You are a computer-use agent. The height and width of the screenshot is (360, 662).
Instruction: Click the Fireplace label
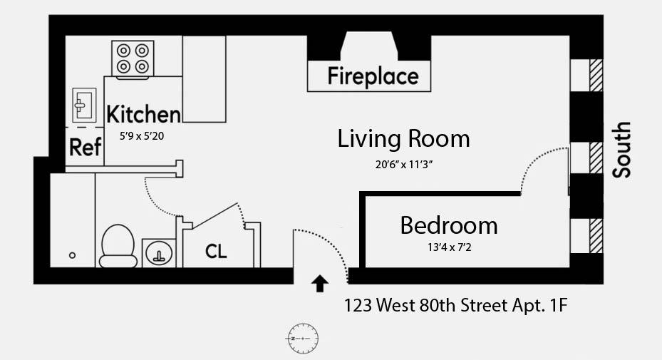[x=373, y=77]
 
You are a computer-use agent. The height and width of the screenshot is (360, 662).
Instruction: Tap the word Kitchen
[x=143, y=114]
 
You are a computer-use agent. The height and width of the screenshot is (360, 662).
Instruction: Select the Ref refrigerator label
[x=86, y=147]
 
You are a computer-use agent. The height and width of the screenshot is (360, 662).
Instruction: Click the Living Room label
[x=403, y=138]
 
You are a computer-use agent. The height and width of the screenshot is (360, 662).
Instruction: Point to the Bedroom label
[x=449, y=225]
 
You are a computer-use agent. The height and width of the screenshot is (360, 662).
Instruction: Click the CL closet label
[x=216, y=251]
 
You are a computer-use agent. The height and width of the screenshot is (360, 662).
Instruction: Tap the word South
[x=622, y=150]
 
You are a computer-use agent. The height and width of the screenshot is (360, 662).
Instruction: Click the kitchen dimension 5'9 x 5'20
[x=142, y=136]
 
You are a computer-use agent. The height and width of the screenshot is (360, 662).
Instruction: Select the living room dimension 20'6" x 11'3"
[x=404, y=165]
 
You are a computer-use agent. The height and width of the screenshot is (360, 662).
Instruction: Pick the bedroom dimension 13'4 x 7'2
[x=449, y=247]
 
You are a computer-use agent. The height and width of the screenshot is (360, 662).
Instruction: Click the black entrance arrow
[x=320, y=284]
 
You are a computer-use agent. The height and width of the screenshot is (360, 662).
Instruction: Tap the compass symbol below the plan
[x=303, y=339]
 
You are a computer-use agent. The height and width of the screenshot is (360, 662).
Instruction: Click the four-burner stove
[x=133, y=58]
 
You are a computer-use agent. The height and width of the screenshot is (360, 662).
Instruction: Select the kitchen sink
[x=84, y=106]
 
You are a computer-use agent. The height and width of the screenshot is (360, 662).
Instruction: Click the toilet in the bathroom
[x=118, y=246]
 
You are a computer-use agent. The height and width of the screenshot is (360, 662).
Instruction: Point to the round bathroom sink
[x=159, y=252]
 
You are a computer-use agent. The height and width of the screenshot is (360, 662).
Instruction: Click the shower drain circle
[x=72, y=255]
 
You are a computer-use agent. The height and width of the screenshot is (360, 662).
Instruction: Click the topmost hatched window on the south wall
[x=596, y=76]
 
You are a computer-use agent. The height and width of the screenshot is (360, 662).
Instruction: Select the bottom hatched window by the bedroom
[x=596, y=236]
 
